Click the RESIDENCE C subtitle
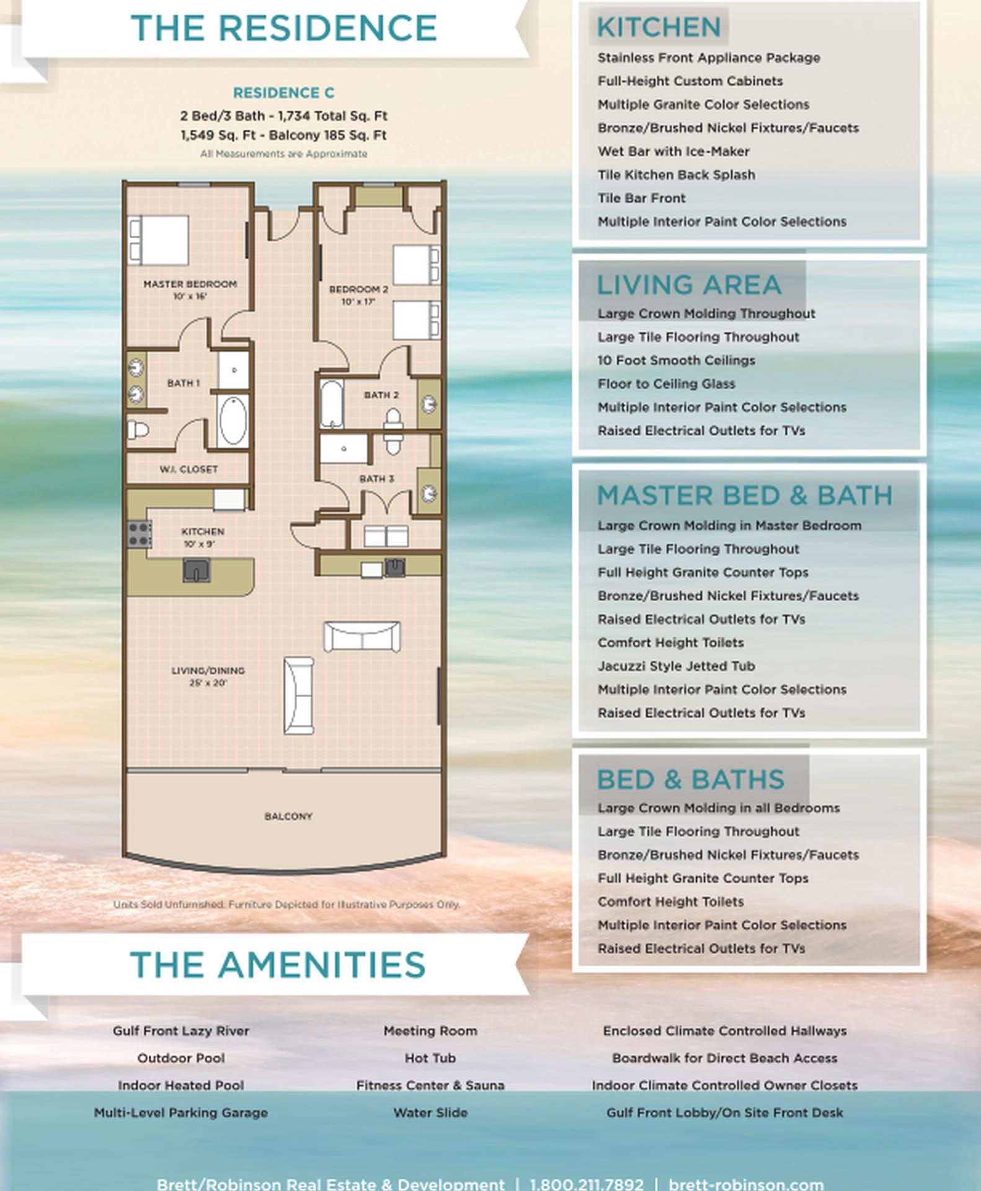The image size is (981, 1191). tap(283, 93)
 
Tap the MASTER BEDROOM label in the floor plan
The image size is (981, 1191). tap(190, 284)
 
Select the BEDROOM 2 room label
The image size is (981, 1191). tap(358, 289)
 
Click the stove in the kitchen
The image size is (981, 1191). tap(140, 534)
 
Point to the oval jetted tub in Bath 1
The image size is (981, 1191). tap(233, 421)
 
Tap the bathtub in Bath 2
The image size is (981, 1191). tap(331, 404)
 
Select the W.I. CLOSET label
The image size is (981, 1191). tap(189, 470)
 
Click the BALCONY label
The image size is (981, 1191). tap(288, 816)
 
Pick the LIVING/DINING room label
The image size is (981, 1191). tap(208, 671)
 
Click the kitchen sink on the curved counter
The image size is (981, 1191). tap(197, 570)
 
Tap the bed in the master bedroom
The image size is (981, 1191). tap(158, 240)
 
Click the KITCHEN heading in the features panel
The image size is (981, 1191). tap(659, 27)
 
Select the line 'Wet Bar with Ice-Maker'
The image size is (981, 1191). tap(673, 151)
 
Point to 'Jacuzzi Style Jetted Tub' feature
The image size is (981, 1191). tap(676, 666)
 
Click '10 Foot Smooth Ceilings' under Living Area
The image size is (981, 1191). tap(676, 360)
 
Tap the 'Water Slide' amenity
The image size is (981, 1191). tap(430, 1113)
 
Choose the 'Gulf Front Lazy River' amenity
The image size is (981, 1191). tap(181, 1031)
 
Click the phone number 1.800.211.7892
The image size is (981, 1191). tap(587, 1184)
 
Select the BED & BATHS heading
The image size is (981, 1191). tap(690, 780)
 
